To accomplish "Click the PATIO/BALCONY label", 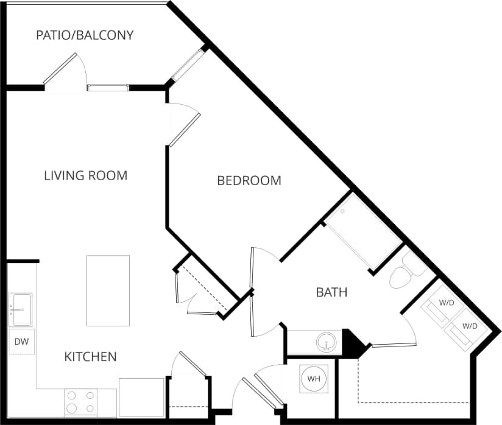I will (85, 35).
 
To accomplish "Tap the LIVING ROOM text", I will (86, 176).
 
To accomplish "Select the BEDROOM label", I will (249, 181).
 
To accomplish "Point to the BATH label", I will (331, 292).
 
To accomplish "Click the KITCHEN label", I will (90, 357).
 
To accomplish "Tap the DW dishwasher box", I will (21, 342).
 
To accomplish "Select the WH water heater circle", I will (314, 379).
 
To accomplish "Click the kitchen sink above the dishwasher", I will (21, 309).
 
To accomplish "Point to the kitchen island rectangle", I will (108, 290).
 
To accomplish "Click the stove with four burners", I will (81, 402).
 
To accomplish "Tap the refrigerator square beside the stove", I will (141, 397).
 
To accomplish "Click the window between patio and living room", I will (108, 88).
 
